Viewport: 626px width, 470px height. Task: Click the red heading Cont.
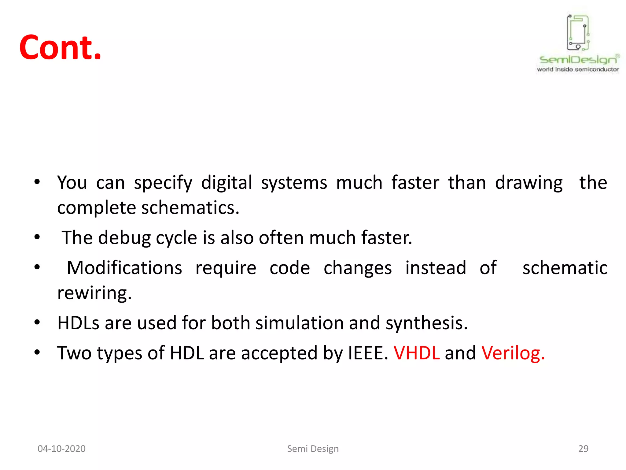click(60, 47)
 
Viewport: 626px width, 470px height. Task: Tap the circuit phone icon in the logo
click(578, 33)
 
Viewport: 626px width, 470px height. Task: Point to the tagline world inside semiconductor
click(578, 69)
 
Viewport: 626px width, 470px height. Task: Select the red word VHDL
click(416, 353)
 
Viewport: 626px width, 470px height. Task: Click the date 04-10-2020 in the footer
click(61, 449)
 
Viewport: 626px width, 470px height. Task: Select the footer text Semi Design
click(313, 449)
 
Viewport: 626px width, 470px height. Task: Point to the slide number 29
click(583, 449)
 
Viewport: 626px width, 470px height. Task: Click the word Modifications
click(124, 268)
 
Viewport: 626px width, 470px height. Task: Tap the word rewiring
click(94, 293)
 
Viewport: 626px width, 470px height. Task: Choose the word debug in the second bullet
click(124, 238)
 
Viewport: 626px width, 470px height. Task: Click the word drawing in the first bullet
click(529, 183)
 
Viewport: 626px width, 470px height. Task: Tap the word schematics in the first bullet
click(190, 208)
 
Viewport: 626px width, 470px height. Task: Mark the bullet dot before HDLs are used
click(37, 322)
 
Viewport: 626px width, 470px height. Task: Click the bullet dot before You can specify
click(37, 182)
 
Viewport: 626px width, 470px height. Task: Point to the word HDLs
click(78, 323)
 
